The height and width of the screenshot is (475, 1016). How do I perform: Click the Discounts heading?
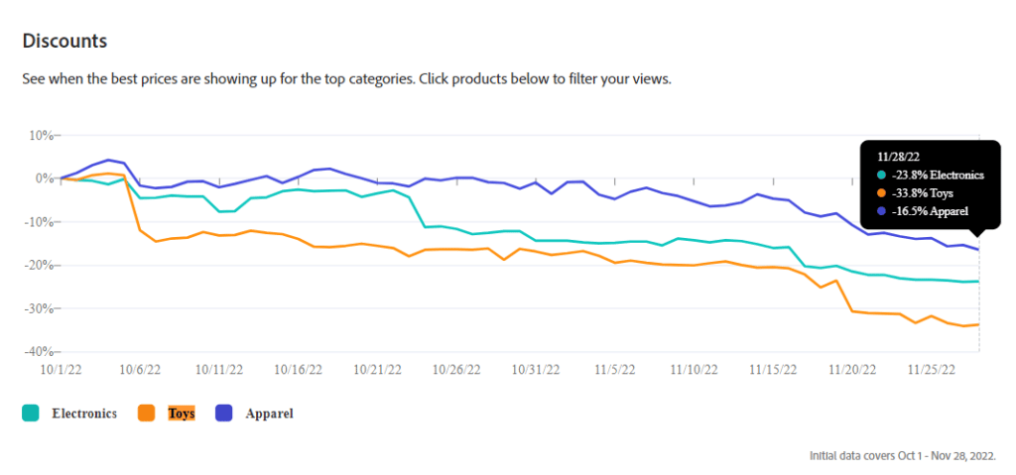pos(64,42)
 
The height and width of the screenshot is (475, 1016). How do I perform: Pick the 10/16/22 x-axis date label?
pos(299,369)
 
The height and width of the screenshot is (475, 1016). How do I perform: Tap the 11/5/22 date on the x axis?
pos(615,369)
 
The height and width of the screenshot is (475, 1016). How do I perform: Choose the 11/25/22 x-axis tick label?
pos(932,369)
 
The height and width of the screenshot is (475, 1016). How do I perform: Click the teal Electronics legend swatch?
pos(31,414)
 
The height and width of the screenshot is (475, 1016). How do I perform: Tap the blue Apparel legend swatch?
pos(226,414)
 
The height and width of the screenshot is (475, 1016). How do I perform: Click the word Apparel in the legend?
pos(269,414)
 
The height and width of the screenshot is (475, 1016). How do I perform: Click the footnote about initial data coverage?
pos(903,456)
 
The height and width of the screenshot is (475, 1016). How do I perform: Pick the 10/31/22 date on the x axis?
pos(536,369)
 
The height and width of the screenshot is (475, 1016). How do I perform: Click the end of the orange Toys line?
pos(978,324)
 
